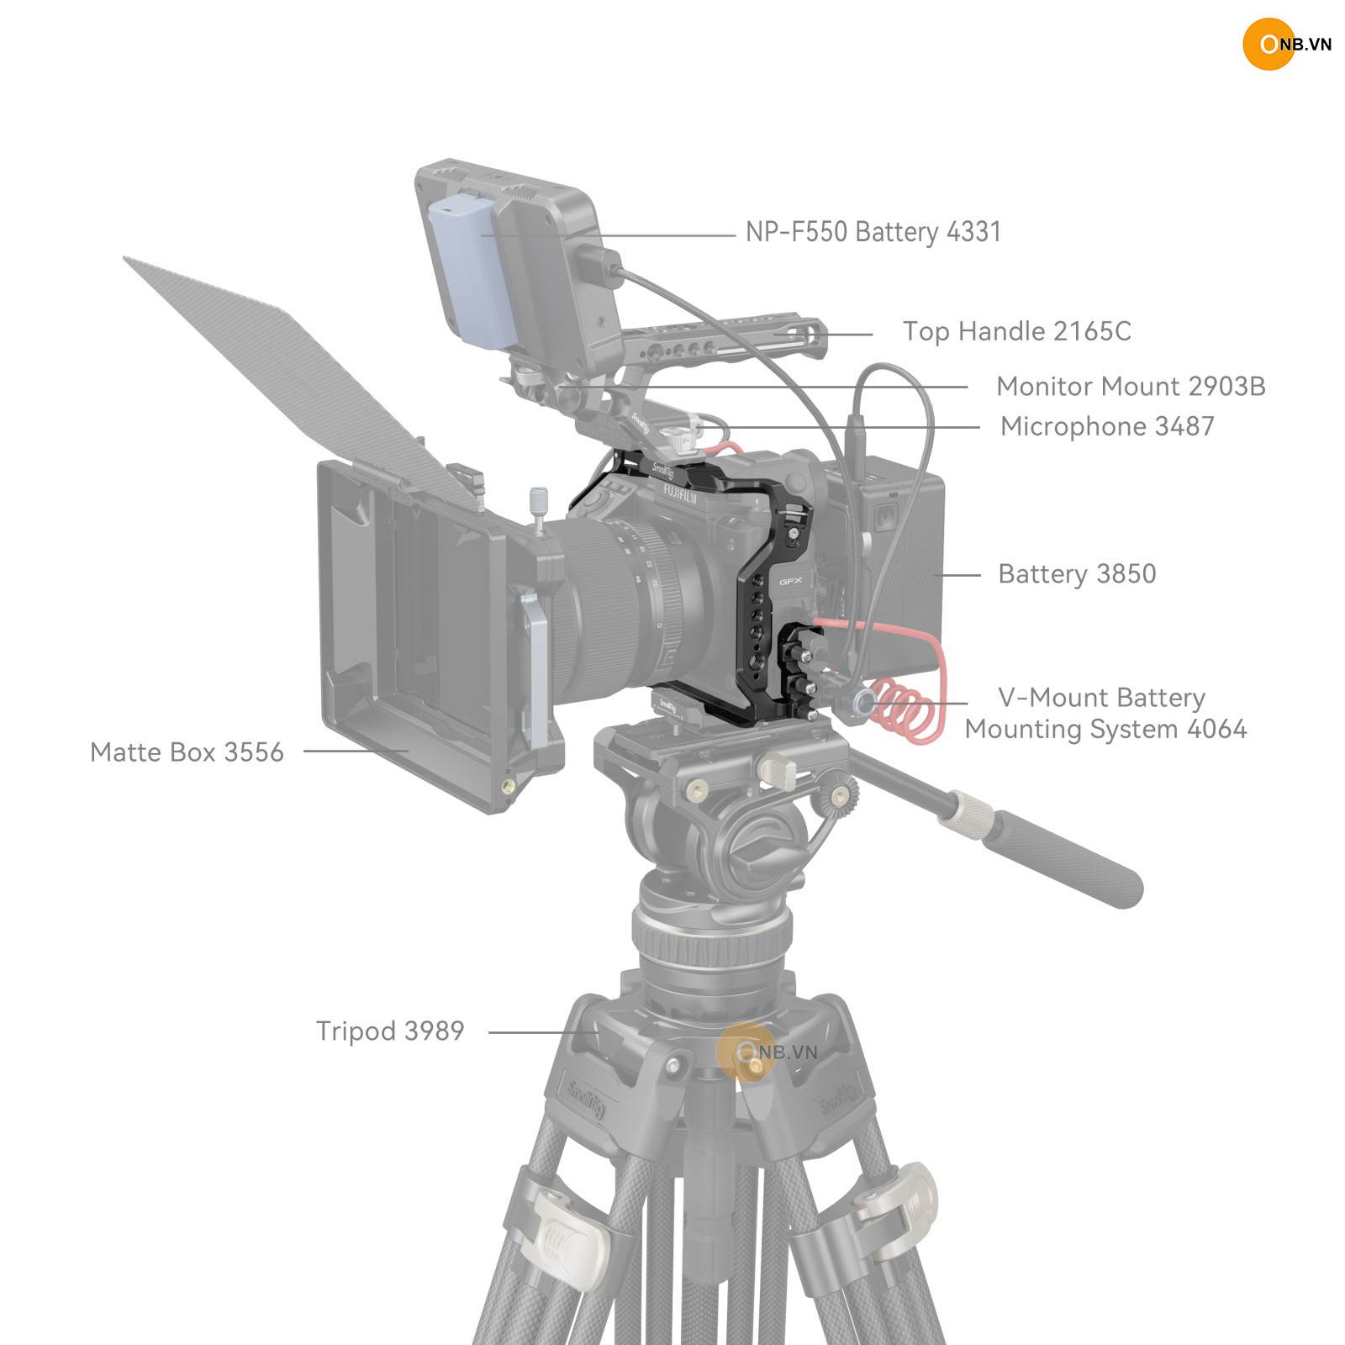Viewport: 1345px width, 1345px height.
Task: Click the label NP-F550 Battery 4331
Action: click(873, 232)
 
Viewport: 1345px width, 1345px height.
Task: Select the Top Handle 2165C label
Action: click(1017, 331)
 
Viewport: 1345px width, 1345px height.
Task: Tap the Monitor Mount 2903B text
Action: click(1131, 387)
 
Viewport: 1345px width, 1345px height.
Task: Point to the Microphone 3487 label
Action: click(1107, 426)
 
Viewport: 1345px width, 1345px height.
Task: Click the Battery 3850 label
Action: click(1077, 574)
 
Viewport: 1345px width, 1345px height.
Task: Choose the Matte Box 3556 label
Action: click(187, 752)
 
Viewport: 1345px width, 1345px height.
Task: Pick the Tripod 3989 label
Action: click(390, 1031)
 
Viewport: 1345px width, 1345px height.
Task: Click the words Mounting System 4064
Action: click(1105, 729)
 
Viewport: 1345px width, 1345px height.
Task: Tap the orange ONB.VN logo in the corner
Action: click(1286, 44)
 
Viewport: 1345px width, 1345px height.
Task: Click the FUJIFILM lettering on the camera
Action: click(679, 493)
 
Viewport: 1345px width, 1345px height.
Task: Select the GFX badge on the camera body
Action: click(790, 581)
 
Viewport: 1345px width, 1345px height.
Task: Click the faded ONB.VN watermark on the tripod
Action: click(767, 1052)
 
